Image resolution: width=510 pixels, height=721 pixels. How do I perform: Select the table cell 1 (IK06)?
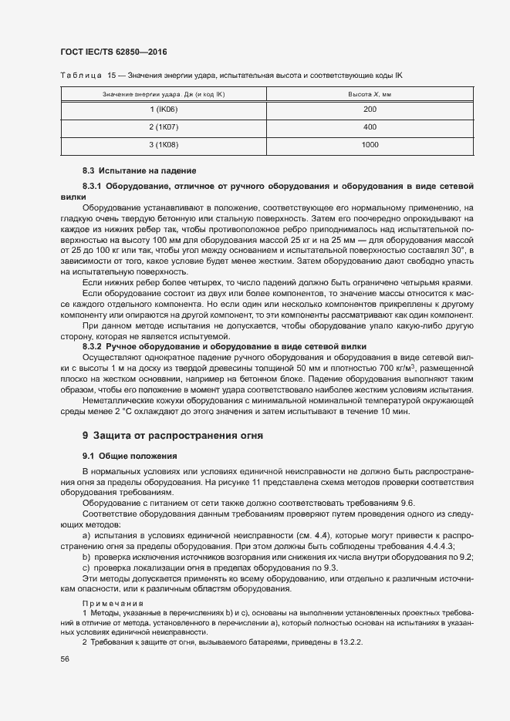coord(163,109)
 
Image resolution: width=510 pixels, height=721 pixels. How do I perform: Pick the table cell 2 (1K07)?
coord(163,126)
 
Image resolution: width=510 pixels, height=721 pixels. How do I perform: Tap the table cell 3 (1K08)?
coord(163,144)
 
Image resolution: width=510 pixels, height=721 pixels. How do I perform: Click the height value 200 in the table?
coord(370,109)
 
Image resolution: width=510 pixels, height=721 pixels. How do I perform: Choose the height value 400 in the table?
coord(370,126)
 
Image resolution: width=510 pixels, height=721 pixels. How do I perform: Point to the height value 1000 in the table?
coord(370,144)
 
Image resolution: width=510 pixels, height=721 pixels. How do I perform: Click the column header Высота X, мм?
coord(370,93)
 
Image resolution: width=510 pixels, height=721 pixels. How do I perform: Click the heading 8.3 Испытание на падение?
coord(128,170)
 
